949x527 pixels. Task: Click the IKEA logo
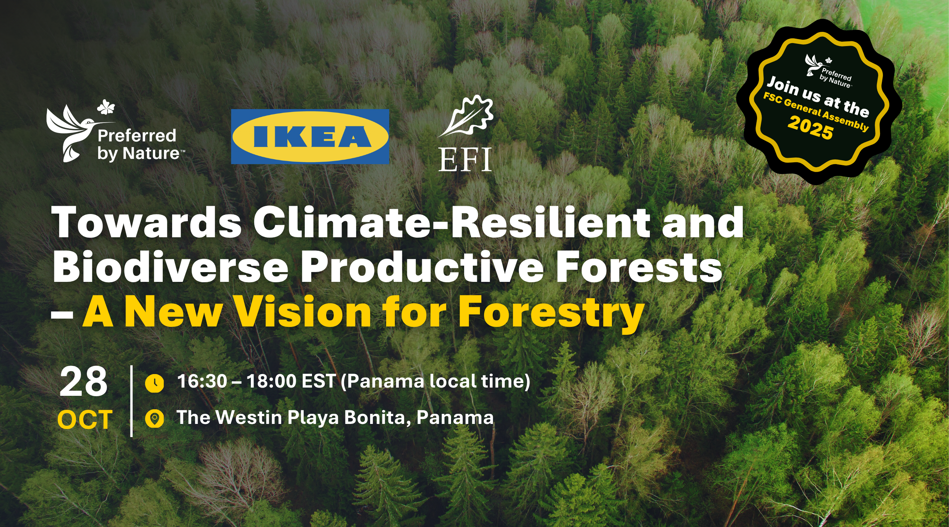pyautogui.click(x=310, y=136)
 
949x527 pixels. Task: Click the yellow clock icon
pyautogui.click(x=154, y=383)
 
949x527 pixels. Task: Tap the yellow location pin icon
pyautogui.click(x=154, y=419)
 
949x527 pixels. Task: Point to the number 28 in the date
pyautogui.click(x=84, y=382)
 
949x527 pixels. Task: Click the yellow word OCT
pyautogui.click(x=85, y=419)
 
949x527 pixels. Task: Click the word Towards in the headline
pyautogui.click(x=147, y=223)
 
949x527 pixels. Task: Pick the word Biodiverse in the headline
pyautogui.click(x=171, y=267)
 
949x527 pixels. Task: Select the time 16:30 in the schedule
pyautogui.click(x=202, y=382)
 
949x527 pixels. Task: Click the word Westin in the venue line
pyautogui.click(x=249, y=418)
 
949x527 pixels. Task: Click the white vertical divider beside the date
pyautogui.click(x=131, y=401)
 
